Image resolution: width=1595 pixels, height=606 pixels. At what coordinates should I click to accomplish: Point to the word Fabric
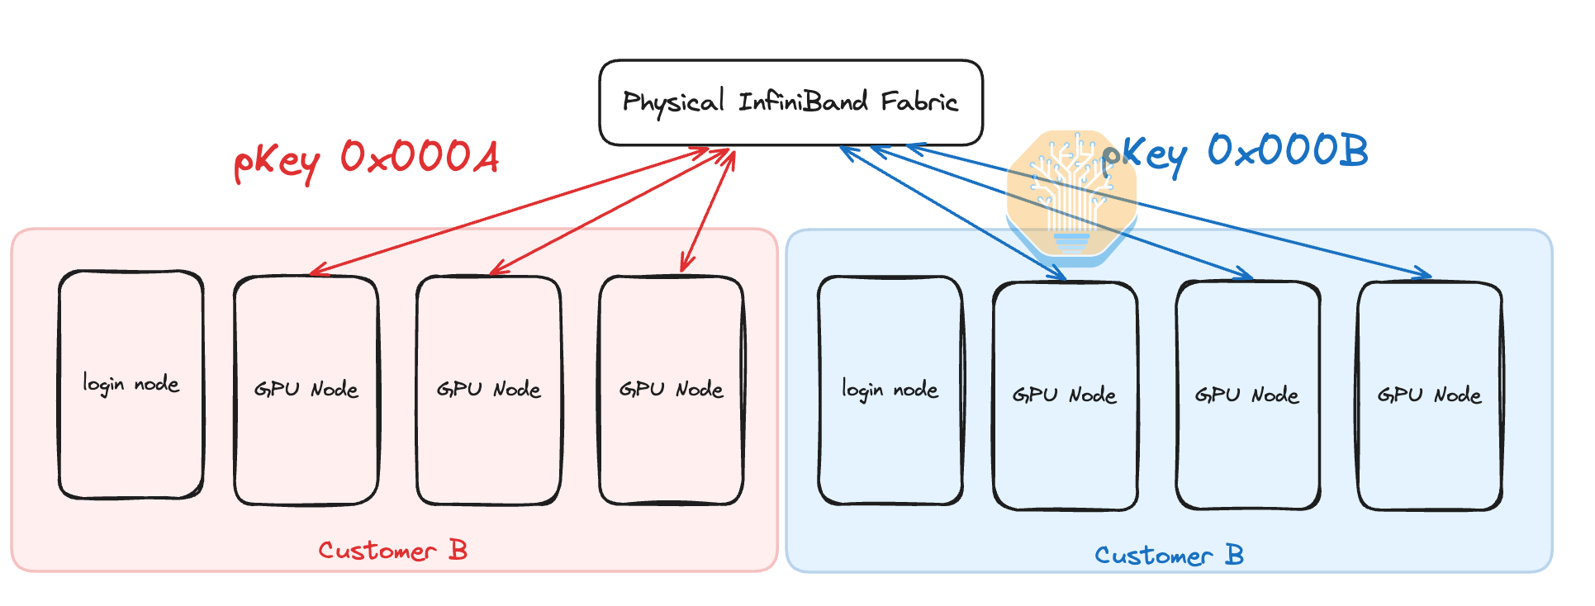919,102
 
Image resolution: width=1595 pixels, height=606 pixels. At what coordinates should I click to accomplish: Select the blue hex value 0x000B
1287,150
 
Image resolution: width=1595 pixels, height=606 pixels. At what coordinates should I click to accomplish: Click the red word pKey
277,161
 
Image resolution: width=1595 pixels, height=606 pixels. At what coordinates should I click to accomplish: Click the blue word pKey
1145,155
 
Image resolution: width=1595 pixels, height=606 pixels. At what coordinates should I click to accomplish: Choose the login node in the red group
131,385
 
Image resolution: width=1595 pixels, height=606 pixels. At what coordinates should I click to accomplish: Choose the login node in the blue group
890,390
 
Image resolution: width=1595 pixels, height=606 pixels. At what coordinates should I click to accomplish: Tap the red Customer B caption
393,551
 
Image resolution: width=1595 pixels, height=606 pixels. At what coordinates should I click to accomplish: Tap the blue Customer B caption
1169,556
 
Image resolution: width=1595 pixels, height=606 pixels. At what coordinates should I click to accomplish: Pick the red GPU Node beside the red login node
306,390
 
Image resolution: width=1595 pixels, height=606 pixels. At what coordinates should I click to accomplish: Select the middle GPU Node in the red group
488,390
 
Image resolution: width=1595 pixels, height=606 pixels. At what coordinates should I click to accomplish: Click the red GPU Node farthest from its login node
671,390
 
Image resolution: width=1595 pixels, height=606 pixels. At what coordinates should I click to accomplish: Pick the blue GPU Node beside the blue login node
1064,395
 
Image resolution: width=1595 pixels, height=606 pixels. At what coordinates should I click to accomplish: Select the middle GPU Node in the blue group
1246,395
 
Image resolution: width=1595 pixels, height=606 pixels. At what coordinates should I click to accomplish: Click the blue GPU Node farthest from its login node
1429,395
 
